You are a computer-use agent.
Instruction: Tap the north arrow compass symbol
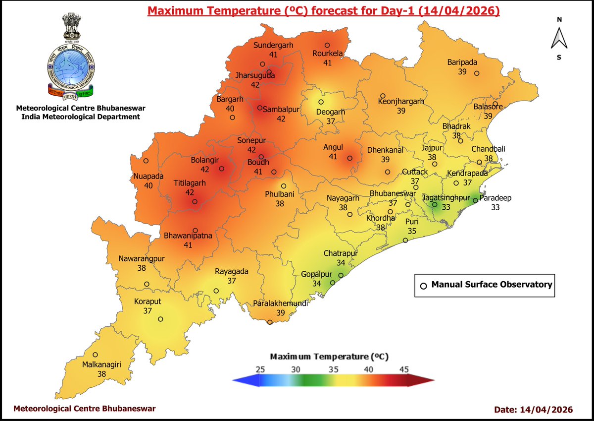559,38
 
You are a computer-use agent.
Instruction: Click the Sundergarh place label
273,45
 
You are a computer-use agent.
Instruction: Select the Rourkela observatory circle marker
327,45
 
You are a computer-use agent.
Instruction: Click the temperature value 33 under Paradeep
495,208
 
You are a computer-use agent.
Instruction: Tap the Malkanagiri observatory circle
95,355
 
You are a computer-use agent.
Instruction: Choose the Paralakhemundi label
281,303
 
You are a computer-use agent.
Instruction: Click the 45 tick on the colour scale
404,369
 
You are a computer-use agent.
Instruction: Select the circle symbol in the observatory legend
423,286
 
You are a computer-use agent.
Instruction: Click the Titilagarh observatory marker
195,202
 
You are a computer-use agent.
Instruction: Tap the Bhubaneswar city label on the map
393,193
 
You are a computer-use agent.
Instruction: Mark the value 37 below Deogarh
331,121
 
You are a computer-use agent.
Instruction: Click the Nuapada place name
148,176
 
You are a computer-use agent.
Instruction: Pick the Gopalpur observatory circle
333,283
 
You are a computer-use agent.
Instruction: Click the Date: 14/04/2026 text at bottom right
533,409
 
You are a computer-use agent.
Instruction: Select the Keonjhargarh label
401,101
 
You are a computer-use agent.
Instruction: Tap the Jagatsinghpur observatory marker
434,204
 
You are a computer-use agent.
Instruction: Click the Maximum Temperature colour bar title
329,357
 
